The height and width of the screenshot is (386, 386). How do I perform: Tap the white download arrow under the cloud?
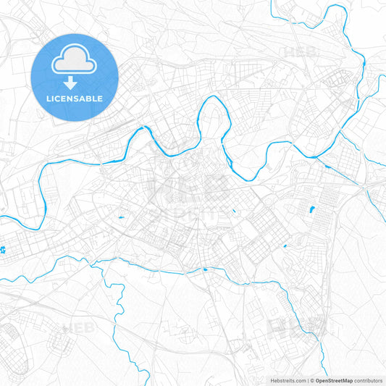tap(75, 83)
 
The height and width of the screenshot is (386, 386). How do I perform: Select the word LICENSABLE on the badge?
tap(75, 98)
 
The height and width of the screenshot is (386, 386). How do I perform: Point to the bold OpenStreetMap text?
tap(334, 379)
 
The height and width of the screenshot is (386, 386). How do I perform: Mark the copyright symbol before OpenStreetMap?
tap(312, 379)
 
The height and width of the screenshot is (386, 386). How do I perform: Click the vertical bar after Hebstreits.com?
tap(307, 379)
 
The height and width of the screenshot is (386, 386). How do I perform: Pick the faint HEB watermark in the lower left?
tap(77, 329)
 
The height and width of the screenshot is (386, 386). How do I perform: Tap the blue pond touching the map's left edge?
tap(3, 251)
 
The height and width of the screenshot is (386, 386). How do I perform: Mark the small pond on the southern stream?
tap(205, 269)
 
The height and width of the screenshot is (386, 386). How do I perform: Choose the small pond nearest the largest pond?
tap(285, 246)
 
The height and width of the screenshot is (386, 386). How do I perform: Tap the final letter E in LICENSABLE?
tap(100, 98)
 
